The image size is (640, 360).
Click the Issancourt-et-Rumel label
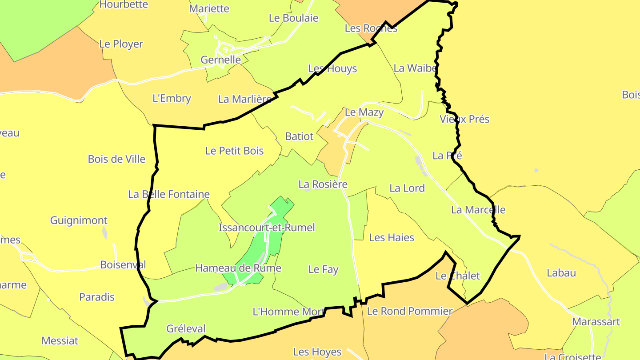tap(267, 228)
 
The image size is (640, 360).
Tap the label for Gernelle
tap(221, 60)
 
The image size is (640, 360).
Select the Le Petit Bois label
tap(234, 151)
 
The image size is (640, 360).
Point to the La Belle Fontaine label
tap(169, 194)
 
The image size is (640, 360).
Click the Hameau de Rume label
tap(238, 268)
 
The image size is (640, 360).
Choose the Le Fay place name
tap(323, 269)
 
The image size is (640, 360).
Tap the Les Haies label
tap(392, 238)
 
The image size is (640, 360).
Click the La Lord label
tap(407, 188)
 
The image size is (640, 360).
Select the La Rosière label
tap(323, 184)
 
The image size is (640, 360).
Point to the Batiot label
tap(300, 136)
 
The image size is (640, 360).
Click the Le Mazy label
tap(364, 112)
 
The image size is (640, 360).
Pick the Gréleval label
tap(186, 329)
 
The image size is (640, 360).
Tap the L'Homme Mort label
tap(288, 312)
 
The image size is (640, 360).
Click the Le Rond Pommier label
tap(410, 311)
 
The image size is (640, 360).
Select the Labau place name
tap(561, 273)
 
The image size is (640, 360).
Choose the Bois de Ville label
tap(117, 159)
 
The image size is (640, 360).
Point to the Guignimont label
tap(79, 220)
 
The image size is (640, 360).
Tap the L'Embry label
tap(172, 99)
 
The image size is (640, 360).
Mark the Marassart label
tap(596, 322)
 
